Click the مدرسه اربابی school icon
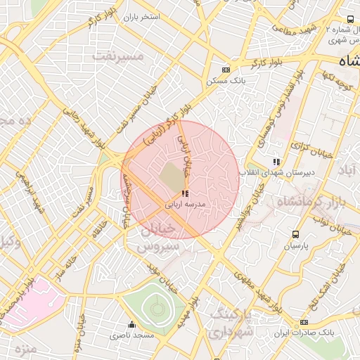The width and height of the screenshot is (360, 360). [184, 193]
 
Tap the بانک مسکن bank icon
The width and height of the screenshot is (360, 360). [226, 70]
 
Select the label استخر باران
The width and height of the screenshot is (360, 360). [141, 15]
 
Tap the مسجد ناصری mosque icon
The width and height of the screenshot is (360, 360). [131, 325]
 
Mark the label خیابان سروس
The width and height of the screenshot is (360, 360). [150, 239]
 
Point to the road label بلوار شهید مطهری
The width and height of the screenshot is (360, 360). [255, 285]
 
